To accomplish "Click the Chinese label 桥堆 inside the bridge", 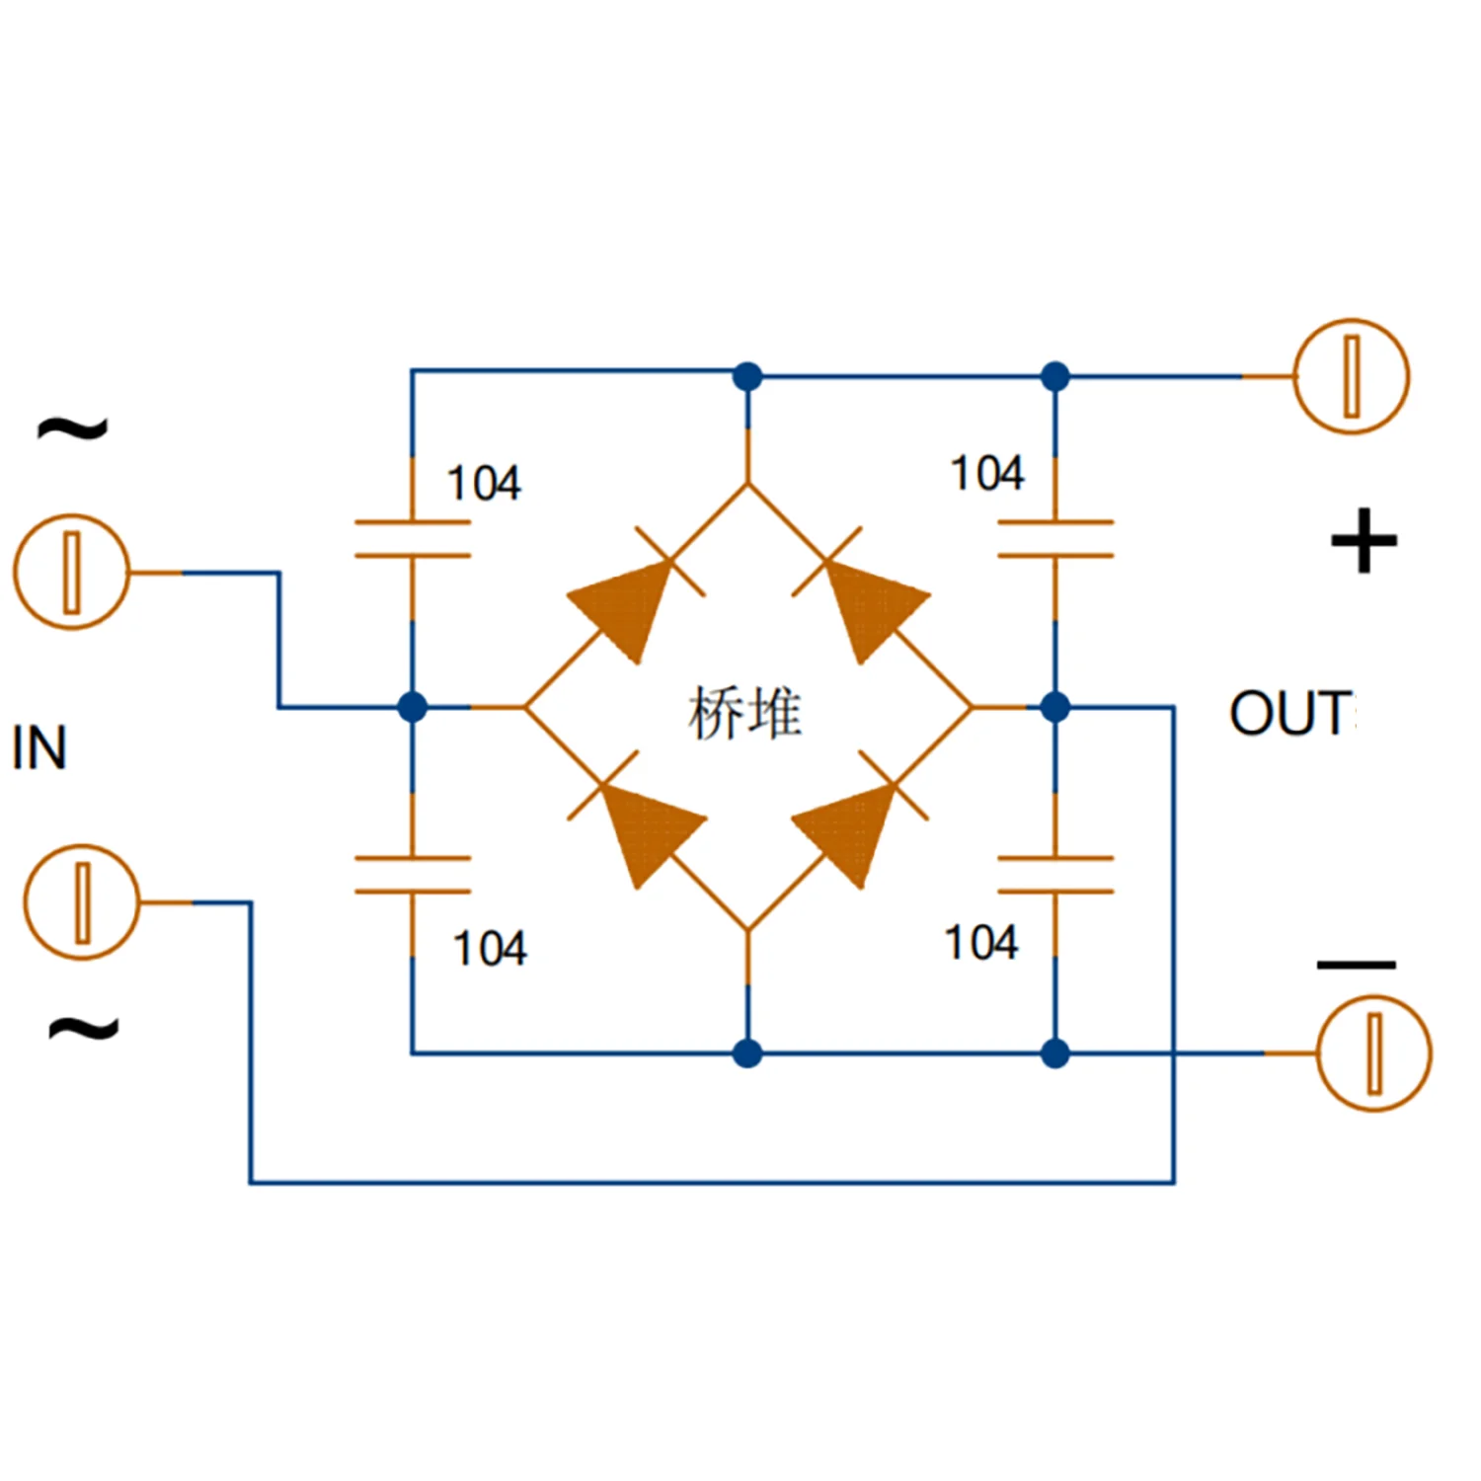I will (x=744, y=713).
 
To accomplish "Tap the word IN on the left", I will (x=39, y=747).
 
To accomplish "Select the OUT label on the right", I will (x=1291, y=713).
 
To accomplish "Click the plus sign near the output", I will (x=1364, y=541).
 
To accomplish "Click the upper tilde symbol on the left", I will (x=72, y=428).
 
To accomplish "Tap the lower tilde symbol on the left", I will (x=84, y=1029).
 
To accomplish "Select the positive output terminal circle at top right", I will (x=1351, y=376).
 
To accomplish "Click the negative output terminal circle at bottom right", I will (x=1373, y=1053).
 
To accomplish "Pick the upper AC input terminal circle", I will (x=71, y=572).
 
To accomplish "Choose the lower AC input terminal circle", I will (x=82, y=901).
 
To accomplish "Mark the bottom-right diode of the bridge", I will (x=849, y=829).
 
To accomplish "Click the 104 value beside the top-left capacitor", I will (x=484, y=484).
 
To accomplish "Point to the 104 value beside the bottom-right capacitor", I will (x=980, y=943).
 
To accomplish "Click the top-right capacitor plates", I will (x=1055, y=539).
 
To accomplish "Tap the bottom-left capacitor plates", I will (x=413, y=875).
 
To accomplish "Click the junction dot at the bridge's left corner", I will (x=413, y=707).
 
